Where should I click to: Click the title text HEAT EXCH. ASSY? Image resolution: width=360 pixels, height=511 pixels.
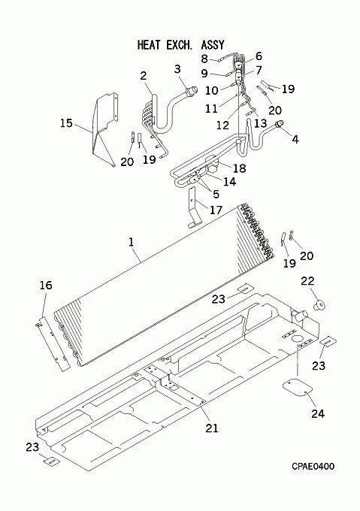pos(181,44)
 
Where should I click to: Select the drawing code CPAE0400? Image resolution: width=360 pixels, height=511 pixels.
pos(313,467)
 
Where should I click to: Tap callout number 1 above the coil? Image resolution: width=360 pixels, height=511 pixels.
pos(131,243)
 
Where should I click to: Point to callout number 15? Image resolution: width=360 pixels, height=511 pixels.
pos(66,123)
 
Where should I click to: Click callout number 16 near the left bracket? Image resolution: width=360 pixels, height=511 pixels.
pos(46,285)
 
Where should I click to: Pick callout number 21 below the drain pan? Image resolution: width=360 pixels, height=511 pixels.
pos(212,428)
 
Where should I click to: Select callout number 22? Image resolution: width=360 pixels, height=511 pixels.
pos(307,281)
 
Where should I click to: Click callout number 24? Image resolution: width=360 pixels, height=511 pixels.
pos(318,413)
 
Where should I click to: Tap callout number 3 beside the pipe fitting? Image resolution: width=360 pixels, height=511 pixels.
pos(177,69)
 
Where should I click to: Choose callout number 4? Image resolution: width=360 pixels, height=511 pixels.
pos(295,140)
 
